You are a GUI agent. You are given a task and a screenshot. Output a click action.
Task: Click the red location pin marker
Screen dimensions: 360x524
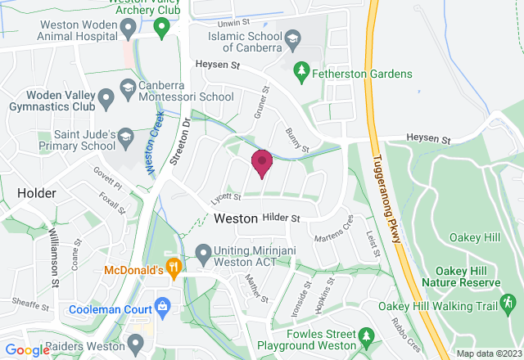tap(261, 160)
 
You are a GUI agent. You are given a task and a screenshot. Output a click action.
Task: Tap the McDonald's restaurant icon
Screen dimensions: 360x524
tap(173, 267)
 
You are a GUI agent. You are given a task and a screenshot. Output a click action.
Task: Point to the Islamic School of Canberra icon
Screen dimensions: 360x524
tap(291, 38)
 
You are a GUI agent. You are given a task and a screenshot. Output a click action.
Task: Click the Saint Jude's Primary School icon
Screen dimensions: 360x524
tap(124, 135)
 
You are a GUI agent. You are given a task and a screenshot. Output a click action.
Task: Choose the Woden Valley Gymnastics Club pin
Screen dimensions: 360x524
tap(105, 100)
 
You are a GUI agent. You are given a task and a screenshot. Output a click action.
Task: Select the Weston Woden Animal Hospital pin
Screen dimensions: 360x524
tap(127, 29)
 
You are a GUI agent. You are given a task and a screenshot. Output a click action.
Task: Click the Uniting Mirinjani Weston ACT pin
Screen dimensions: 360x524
tap(204, 252)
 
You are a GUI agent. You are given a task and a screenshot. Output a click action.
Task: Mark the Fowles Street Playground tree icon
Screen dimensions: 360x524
tap(366, 336)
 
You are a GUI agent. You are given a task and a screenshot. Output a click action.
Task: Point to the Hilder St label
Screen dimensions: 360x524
tap(282, 218)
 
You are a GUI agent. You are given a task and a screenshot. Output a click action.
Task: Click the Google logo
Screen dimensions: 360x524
tap(26, 350)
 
